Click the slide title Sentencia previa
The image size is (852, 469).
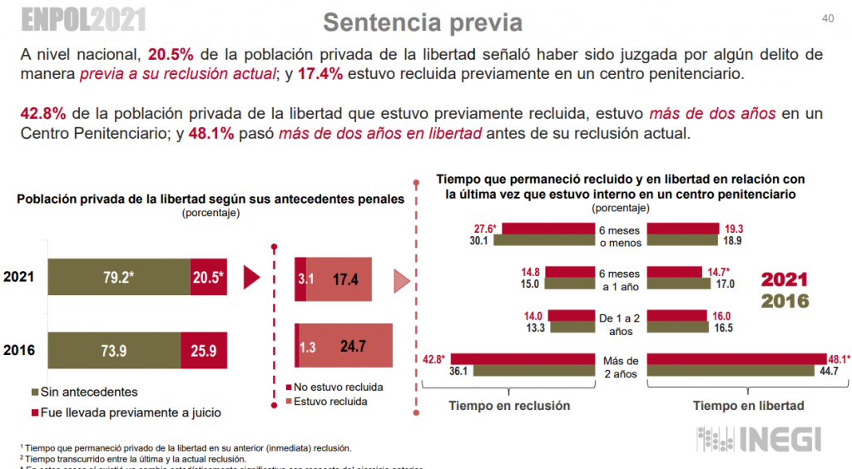click(x=422, y=21)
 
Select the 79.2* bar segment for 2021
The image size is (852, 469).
click(x=118, y=278)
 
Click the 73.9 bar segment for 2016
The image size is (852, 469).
click(x=114, y=350)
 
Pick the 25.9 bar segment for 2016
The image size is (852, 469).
click(x=203, y=350)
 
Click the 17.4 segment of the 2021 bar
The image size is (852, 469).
click(x=344, y=279)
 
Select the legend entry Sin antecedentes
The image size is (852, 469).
click(x=84, y=392)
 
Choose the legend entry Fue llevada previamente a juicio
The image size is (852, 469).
click(x=126, y=412)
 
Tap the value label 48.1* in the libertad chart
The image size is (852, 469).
click(x=841, y=359)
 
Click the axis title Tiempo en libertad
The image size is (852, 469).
click(x=748, y=406)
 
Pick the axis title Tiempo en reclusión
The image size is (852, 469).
click(x=509, y=406)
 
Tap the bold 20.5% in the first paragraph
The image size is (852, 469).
click(x=171, y=55)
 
